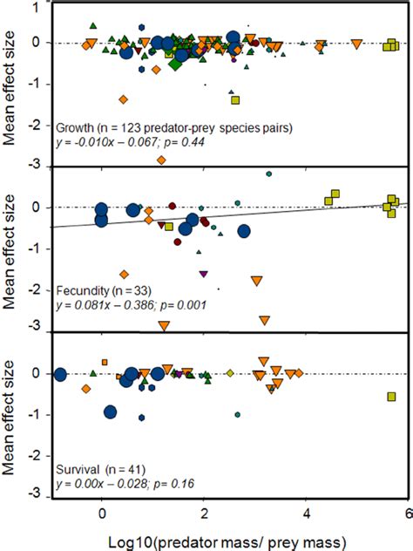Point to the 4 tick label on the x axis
pyautogui.click(x=306, y=514)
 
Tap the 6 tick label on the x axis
pyautogui.click(x=407, y=514)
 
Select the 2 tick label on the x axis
pyautogui.click(x=204, y=514)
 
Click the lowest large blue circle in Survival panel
pyautogui.click(x=111, y=412)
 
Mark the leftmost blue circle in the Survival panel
pyautogui.click(x=60, y=375)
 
